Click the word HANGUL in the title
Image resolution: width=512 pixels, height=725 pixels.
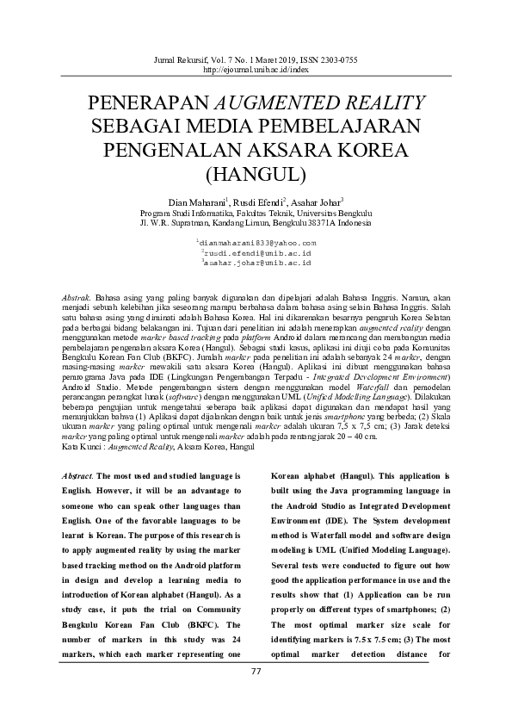[256, 173]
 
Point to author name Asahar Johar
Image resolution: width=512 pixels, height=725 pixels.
[313, 201]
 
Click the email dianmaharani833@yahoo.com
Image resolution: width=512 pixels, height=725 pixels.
[257, 245]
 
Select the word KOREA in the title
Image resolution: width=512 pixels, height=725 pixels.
[377, 150]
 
